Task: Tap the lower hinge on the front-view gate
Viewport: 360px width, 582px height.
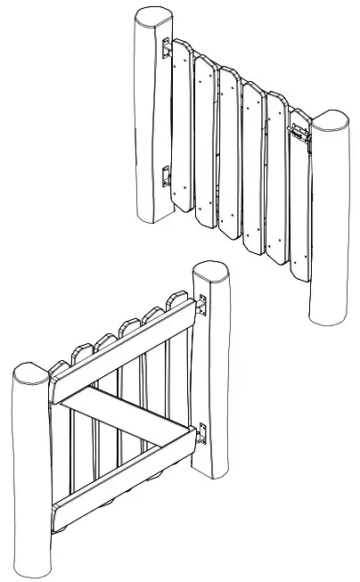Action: (x=166, y=176)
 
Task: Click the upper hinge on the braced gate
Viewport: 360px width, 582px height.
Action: (x=201, y=306)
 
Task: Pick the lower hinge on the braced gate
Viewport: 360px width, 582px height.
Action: (x=202, y=433)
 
